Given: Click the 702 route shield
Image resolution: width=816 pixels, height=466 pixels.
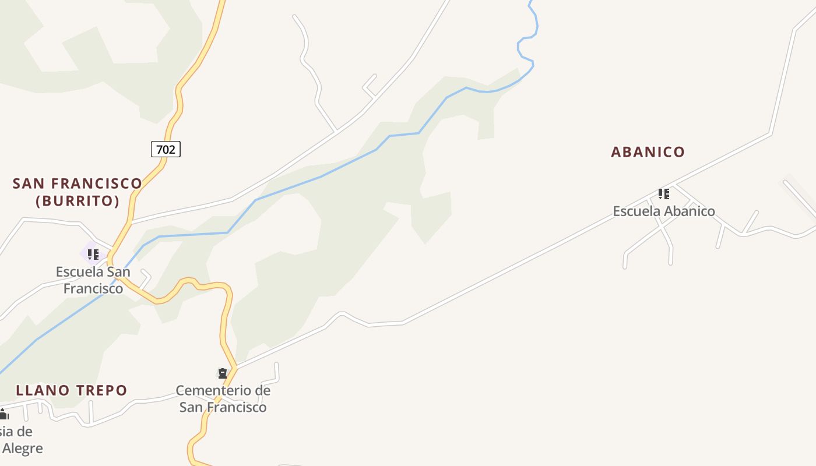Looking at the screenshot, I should (x=166, y=149).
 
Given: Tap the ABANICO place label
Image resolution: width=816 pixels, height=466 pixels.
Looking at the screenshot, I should (x=648, y=152).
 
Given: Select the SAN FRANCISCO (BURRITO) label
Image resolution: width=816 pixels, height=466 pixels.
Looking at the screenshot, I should (x=78, y=192).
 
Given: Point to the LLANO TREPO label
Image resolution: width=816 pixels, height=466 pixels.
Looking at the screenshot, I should (x=72, y=390).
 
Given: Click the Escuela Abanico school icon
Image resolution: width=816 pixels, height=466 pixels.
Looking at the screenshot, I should (x=663, y=193).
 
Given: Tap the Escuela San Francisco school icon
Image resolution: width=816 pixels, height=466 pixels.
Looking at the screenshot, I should (x=93, y=254).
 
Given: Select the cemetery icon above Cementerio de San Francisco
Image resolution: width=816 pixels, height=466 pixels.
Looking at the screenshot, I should (x=222, y=373).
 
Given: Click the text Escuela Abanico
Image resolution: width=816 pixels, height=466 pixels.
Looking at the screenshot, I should (x=663, y=211).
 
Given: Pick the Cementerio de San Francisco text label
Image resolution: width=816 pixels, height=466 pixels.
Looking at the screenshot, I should (x=223, y=399).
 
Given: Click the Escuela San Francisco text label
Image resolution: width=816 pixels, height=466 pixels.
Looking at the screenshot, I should (x=93, y=280).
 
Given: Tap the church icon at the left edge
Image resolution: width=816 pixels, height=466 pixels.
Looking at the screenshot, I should (x=3, y=414).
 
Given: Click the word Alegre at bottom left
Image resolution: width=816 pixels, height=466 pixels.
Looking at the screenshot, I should (x=23, y=449).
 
